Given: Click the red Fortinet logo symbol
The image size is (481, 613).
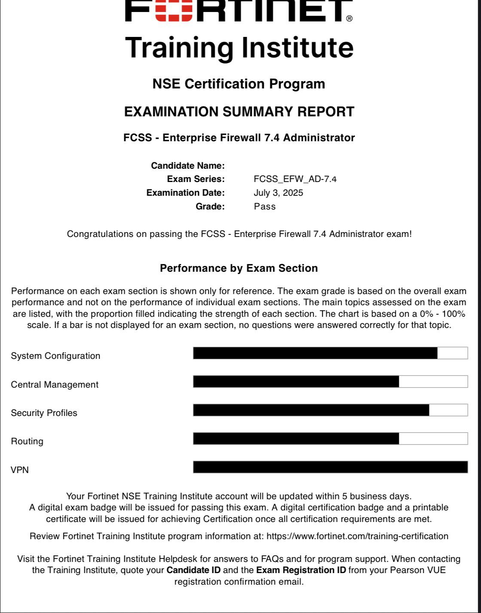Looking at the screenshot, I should point(174,10).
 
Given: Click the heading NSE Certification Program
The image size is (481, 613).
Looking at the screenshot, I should point(239,84).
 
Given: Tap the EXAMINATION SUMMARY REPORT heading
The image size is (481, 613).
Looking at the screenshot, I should point(239,112).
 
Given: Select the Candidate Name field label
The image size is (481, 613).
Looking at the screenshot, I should point(188,166).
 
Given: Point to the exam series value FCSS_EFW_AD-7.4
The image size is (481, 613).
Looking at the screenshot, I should point(295,179).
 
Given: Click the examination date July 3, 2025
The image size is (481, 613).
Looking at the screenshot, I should point(278,193).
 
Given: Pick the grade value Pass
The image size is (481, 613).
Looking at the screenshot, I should point(265,206).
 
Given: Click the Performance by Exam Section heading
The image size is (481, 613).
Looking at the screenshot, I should point(239,268).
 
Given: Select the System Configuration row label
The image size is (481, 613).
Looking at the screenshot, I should point(55,356).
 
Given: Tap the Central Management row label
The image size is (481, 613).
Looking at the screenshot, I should point(55,385).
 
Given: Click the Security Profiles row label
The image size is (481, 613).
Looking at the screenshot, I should point(44,413).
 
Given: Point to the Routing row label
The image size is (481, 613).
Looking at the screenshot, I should point(27,441).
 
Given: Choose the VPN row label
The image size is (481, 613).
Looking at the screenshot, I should point(20,470).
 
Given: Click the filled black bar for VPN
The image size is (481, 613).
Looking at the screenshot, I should point(330,467).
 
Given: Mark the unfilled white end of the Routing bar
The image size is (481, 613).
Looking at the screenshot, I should point(433,439).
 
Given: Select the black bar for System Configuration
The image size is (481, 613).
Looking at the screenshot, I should point(315,353).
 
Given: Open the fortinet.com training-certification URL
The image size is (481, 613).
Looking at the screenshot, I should point(357,536).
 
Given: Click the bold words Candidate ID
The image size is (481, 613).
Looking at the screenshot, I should point(193,571).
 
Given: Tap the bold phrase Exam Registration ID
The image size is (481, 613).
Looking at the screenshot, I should point(301,571).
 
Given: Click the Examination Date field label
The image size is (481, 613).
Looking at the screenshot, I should point(185,193).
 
